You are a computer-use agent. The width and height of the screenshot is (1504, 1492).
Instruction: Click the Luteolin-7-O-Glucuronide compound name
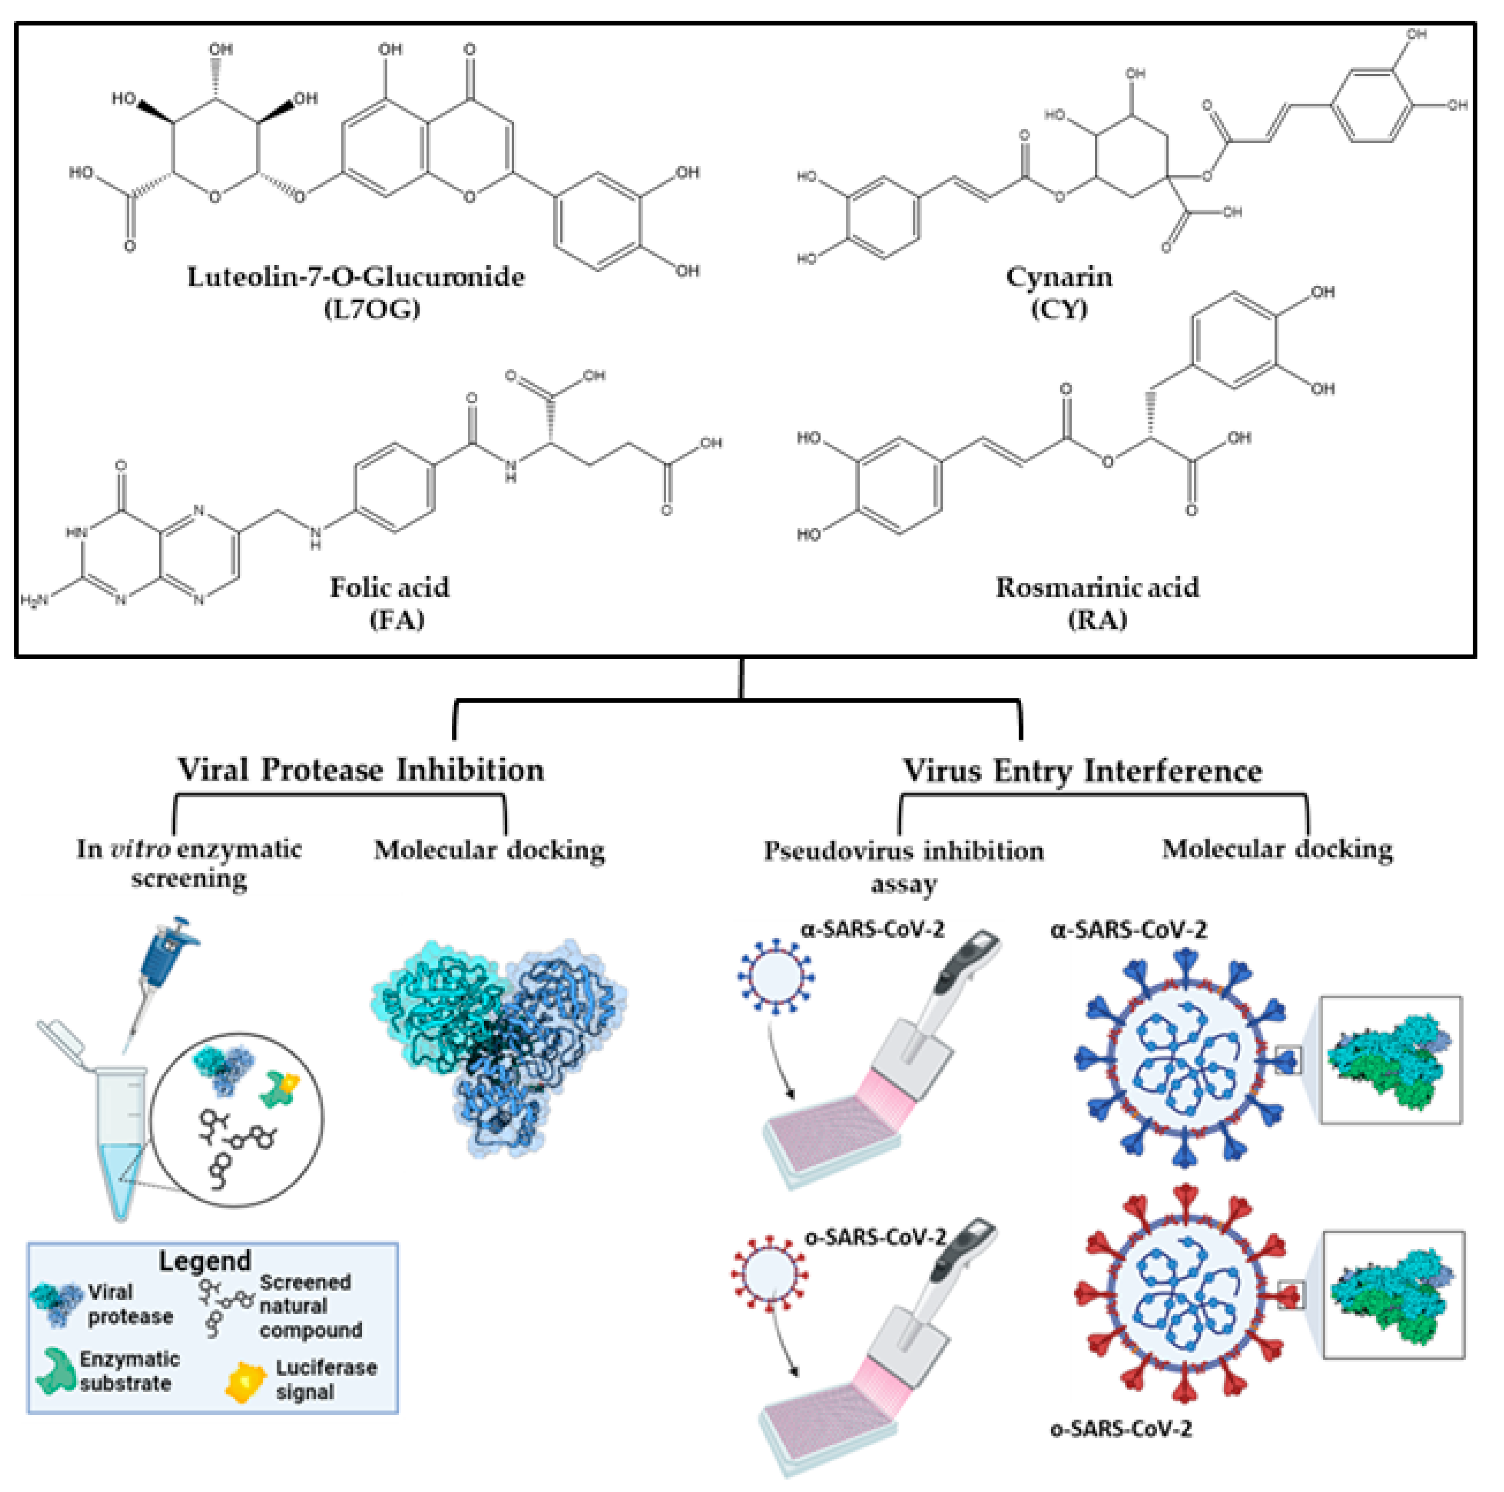click(x=356, y=277)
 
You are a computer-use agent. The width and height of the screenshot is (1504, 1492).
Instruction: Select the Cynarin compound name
click(x=1059, y=277)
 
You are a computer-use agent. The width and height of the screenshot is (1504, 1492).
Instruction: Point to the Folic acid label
click(x=389, y=587)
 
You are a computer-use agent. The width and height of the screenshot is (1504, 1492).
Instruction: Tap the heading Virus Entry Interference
click(x=1082, y=771)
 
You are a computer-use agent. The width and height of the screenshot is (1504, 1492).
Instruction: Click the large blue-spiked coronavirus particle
click(x=1183, y=1059)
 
